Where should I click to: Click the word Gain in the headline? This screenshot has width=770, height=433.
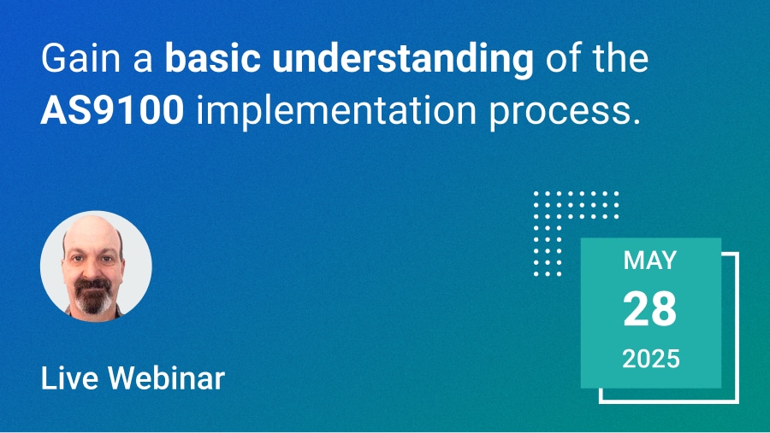tap(80, 58)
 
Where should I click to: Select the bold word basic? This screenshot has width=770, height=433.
tap(213, 58)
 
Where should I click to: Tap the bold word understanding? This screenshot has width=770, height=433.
tap(403, 60)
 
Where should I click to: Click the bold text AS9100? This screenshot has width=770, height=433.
tap(112, 111)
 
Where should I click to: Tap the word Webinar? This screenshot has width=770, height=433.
tap(166, 378)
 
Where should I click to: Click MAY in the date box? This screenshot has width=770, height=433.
tap(650, 260)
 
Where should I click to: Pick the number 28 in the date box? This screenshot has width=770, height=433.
tap(650, 309)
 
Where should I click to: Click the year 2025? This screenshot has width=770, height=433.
tap(651, 359)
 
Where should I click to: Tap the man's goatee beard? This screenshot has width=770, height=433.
tap(92, 296)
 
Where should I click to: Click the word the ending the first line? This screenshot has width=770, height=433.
tap(620, 58)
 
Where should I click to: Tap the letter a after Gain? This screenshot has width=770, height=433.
tap(143, 62)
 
